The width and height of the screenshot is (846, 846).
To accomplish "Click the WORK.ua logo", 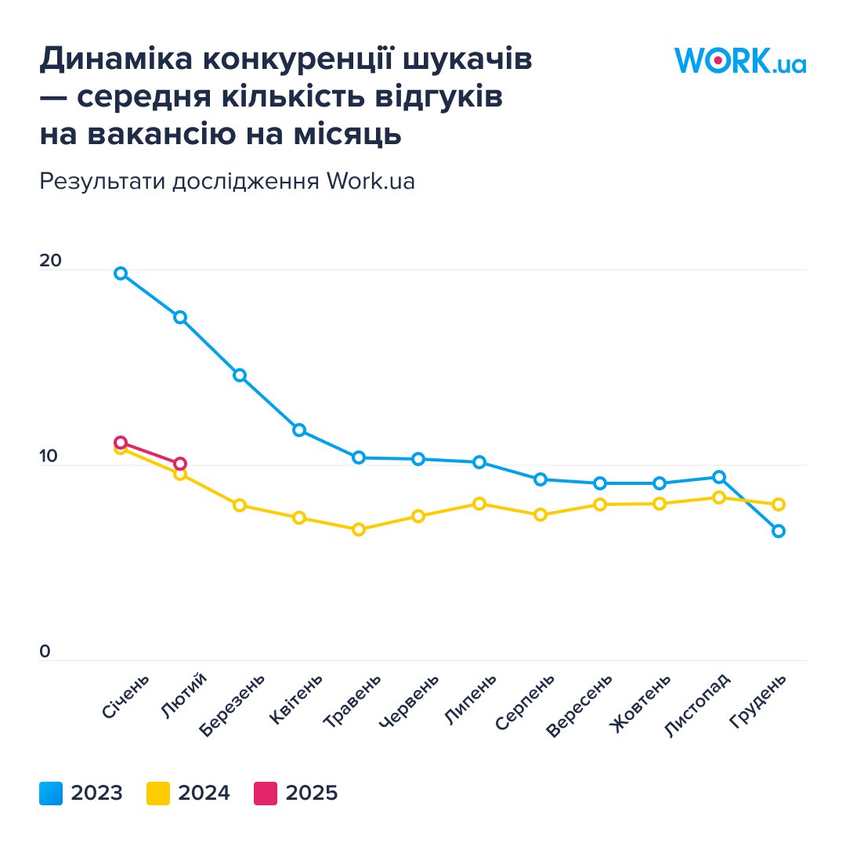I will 740,60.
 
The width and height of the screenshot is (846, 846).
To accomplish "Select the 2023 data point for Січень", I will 121,273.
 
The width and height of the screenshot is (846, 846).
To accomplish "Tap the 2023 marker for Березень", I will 240,375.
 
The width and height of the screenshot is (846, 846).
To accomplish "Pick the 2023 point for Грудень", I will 778,531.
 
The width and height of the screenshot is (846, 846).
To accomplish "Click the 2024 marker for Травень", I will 359,530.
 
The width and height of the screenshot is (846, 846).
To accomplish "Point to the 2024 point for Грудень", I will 778,504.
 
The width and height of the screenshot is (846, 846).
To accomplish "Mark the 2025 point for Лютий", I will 180,464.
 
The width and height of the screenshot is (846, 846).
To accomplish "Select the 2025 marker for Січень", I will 121,443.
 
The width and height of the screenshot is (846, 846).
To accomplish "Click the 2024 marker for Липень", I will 479,504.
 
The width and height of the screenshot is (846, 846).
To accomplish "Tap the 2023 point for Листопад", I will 718,477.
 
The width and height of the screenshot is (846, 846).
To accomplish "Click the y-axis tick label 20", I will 50,261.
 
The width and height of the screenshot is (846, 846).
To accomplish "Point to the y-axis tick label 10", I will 50,456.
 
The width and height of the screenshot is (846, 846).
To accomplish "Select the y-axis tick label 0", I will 45,652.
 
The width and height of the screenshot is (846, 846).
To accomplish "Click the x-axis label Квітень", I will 296,698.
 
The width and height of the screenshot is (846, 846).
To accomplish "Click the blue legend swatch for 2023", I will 51,794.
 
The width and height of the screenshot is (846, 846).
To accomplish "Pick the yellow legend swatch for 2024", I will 158,794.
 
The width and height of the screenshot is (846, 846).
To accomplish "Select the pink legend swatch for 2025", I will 266,794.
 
